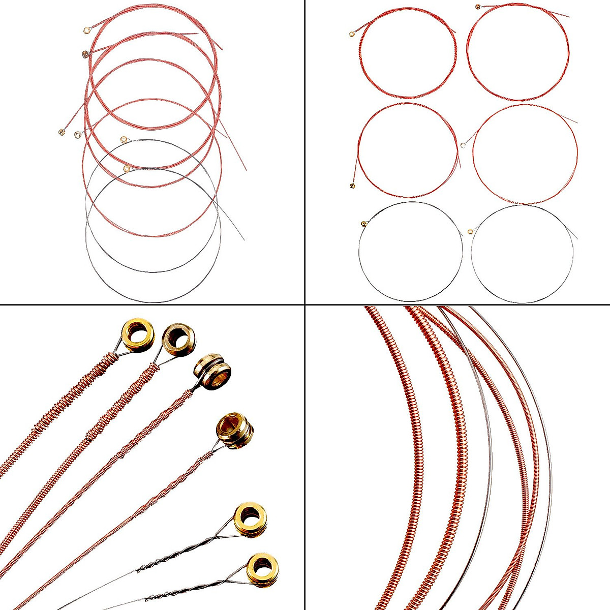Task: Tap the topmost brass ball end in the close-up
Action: coord(138,333)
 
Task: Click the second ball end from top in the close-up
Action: coord(178,338)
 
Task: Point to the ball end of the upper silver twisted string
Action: coord(251,519)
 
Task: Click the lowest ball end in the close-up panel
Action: coord(262,568)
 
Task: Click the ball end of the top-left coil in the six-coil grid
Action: coord(352,34)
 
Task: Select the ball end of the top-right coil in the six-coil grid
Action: coord(477,7)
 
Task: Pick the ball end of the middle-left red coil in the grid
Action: coord(352,186)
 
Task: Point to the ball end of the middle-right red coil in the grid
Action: coord(463,146)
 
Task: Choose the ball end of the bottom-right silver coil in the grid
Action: coord(470,232)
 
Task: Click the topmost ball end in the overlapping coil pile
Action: coord(86,31)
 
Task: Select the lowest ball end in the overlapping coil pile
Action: coord(126,168)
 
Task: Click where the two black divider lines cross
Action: coord(304,304)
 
